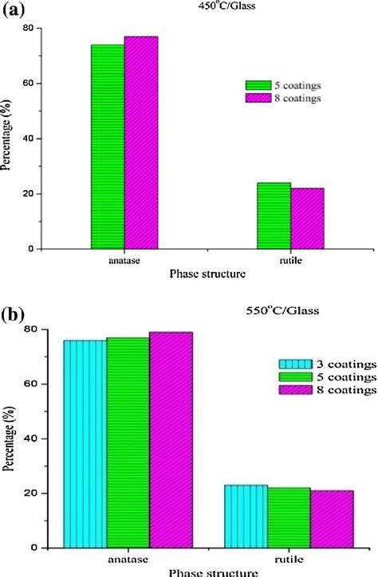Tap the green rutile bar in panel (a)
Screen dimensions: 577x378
pos(274,216)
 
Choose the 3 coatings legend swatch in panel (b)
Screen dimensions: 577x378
pos(290,363)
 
